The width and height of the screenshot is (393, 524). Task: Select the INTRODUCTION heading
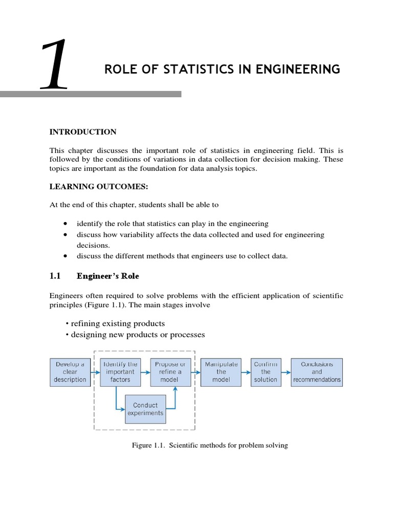[82, 132]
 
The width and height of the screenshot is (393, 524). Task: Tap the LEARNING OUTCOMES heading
[95, 186]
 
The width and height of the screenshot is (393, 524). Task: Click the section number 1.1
[55, 276]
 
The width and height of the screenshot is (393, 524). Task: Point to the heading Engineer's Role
[107, 276]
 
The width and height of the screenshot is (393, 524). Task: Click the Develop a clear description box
[70, 372]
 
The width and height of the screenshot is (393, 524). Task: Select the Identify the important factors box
[120, 372]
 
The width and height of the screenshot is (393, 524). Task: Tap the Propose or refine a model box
[170, 372]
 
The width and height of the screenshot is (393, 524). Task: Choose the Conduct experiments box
[145, 409]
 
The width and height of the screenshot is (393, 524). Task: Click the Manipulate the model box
[221, 372]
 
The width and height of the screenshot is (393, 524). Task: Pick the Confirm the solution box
[266, 372]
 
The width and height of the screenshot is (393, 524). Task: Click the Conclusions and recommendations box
[317, 372]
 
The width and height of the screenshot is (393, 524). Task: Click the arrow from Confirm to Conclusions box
[286, 372]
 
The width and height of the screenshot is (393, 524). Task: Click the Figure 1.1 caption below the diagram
[210, 445]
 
